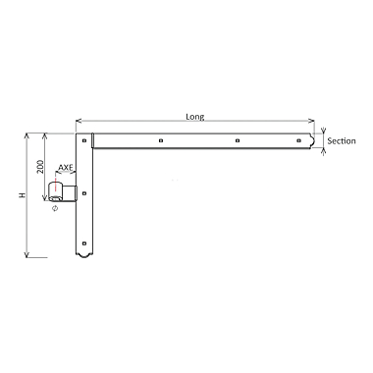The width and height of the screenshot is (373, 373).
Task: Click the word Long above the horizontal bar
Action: pyautogui.click(x=194, y=116)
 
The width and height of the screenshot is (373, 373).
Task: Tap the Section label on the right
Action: pyautogui.click(x=341, y=141)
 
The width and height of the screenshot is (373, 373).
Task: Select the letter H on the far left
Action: pyautogui.click(x=22, y=195)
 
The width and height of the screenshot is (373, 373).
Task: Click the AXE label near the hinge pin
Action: pyautogui.click(x=65, y=168)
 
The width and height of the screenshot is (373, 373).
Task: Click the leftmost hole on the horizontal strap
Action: pyautogui.click(x=159, y=142)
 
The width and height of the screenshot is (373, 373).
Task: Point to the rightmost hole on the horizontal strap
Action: pyautogui.click(x=300, y=142)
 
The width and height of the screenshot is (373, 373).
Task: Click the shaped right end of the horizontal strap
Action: pyautogui.click(x=317, y=142)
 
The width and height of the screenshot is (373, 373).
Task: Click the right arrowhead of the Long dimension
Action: pyautogui.click(x=317, y=122)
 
